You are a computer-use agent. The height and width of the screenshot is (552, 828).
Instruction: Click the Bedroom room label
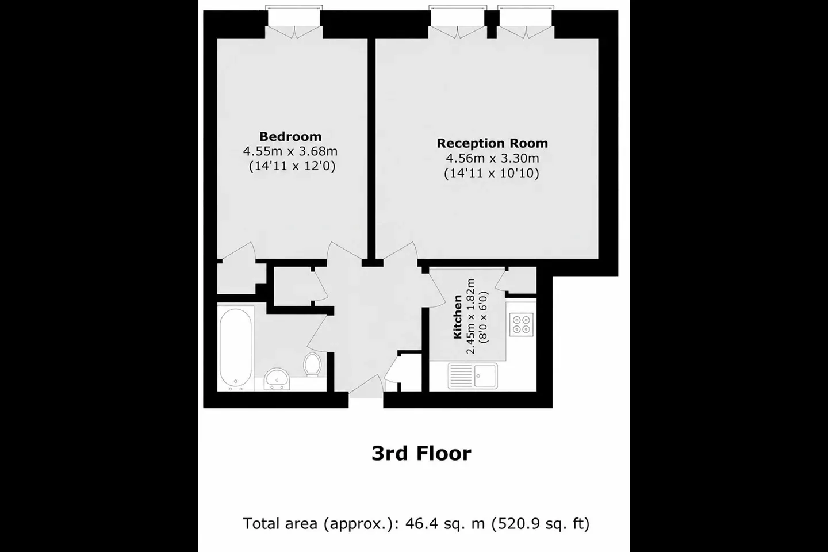coord(290,136)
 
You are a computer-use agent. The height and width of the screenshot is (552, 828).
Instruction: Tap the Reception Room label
coord(492,143)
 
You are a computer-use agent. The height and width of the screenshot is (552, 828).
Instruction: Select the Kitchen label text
coord(458,316)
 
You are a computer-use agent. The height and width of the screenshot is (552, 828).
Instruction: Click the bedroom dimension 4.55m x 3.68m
coord(290,151)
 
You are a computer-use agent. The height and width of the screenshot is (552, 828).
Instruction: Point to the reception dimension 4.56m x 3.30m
coord(492,158)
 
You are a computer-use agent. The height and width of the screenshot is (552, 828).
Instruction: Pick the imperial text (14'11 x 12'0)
coord(292,166)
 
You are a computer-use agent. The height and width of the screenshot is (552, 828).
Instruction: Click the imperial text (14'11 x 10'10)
coord(491,173)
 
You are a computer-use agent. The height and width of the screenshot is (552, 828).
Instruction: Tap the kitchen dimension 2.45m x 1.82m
coord(470,316)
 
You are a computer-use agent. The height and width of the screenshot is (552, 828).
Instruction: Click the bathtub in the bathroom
coord(236,347)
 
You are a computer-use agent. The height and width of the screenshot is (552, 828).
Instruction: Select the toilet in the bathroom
coord(312,364)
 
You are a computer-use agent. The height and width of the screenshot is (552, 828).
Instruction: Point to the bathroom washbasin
coord(277,378)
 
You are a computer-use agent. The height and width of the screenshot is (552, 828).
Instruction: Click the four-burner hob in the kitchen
coord(521,325)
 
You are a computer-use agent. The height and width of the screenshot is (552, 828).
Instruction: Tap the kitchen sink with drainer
coord(473,375)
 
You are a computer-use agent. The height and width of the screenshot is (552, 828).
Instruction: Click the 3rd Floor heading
coord(421,453)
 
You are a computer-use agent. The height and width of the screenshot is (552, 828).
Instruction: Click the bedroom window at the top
coord(294,16)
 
